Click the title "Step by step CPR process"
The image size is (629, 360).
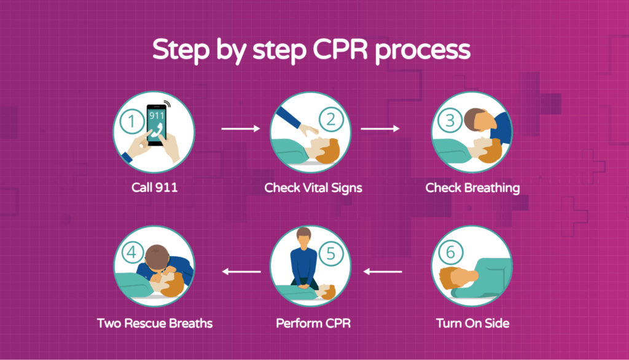tap(311, 50)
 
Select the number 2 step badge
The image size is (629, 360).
tap(332, 120)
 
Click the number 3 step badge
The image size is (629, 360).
tap(450, 120)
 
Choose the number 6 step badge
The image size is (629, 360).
tap(450, 252)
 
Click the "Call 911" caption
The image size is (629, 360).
tap(154, 187)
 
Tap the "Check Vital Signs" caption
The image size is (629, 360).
tap(313, 187)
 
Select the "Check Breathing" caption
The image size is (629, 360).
tap(472, 187)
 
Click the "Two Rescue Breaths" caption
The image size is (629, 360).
tap(154, 323)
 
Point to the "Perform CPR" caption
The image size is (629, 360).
tap(313, 323)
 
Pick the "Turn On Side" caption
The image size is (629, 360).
tap(472, 323)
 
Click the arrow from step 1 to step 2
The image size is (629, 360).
tap(241, 129)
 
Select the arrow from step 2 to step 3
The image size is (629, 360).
tap(380, 129)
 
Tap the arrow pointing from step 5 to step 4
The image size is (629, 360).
tap(241, 271)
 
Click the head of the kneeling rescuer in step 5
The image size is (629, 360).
tap(303, 236)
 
